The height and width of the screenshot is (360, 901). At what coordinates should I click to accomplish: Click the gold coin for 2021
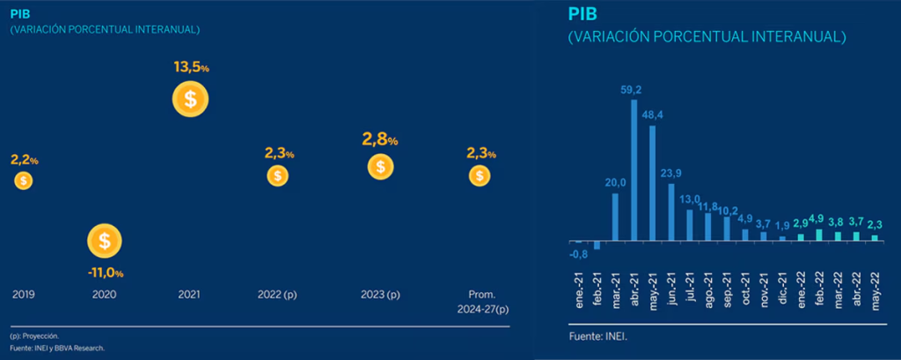pyautogui.click(x=190, y=99)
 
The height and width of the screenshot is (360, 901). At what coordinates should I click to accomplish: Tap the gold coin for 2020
pyautogui.click(x=105, y=239)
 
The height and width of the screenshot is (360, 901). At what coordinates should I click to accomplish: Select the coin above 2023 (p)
pyautogui.click(x=379, y=165)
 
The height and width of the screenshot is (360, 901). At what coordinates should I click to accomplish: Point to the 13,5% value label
pyautogui.click(x=190, y=66)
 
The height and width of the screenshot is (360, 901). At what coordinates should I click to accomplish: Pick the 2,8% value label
pyautogui.click(x=379, y=139)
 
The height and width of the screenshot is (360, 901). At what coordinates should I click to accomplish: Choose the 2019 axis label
pyautogui.click(x=23, y=295)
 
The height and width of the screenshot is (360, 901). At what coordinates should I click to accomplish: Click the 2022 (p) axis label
pyautogui.click(x=277, y=295)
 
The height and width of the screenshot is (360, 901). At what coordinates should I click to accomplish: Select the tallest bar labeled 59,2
pyautogui.click(x=634, y=170)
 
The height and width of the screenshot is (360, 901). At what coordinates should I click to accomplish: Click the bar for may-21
pyautogui.click(x=652, y=183)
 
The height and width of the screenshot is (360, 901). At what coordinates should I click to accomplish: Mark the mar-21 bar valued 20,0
pyautogui.click(x=615, y=217)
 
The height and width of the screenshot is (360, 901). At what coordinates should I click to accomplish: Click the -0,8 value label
pyautogui.click(x=578, y=254)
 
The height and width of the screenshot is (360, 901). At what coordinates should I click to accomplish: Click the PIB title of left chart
pyautogui.click(x=18, y=14)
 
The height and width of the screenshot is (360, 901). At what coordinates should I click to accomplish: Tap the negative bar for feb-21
pyautogui.click(x=597, y=246)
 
